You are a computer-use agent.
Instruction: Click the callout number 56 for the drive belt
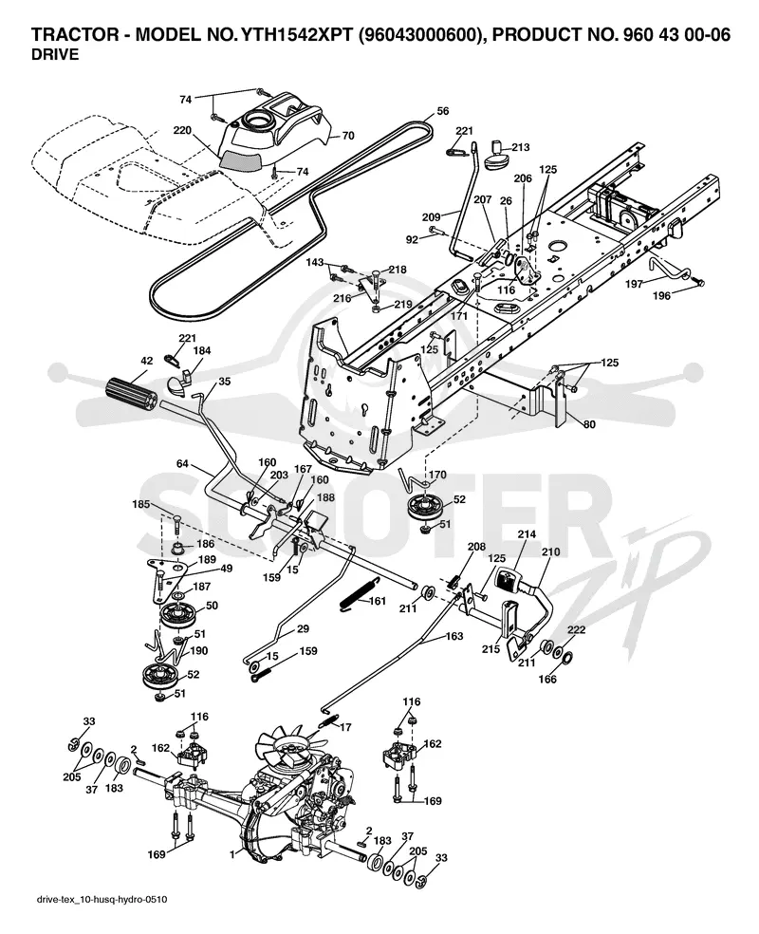tap(442, 111)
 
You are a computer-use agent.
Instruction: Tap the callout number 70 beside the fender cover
tap(347, 136)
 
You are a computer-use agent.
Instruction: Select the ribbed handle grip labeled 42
tap(130, 393)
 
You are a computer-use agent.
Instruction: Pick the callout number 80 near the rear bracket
tap(589, 424)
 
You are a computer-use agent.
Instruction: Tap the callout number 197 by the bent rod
tap(634, 284)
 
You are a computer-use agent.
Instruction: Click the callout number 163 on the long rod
tap(454, 636)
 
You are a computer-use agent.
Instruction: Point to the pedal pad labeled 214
tap(508, 580)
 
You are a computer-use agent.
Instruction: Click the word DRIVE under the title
tap(55, 54)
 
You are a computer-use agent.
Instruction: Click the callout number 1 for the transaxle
tap(231, 854)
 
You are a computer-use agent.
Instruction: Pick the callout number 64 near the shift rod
tap(183, 463)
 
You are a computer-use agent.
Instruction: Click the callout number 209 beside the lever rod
tap(431, 216)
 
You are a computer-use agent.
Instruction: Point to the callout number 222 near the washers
tap(576, 629)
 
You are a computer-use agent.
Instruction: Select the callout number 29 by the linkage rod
tap(303, 629)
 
